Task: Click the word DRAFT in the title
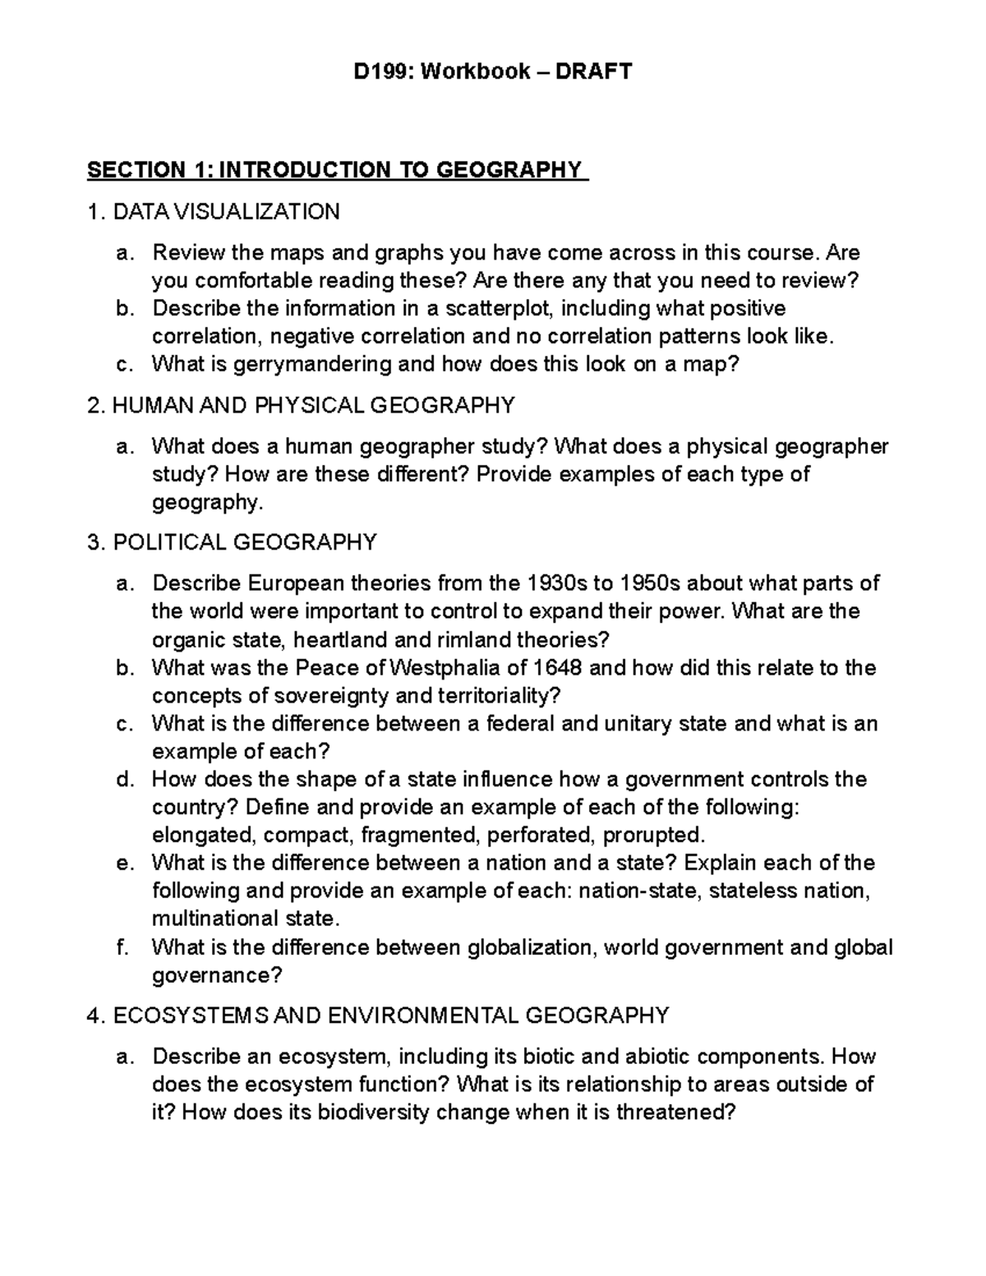[594, 71]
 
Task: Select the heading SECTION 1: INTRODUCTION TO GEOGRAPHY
[337, 170]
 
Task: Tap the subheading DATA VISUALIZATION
[226, 212]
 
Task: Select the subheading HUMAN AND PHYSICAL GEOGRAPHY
[313, 405]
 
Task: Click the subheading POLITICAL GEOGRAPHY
[244, 542]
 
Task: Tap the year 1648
[559, 667]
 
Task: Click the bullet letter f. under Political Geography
[122, 947]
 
